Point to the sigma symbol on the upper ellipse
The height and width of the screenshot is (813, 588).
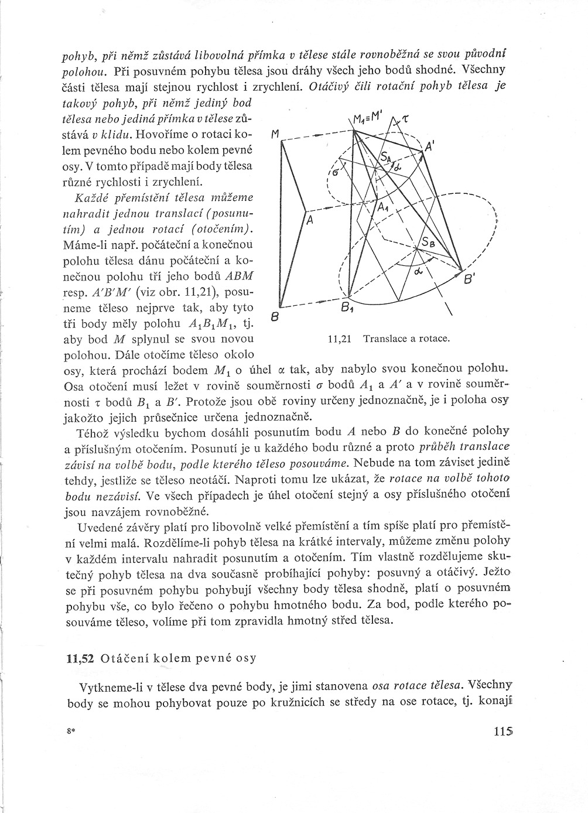click(x=336, y=173)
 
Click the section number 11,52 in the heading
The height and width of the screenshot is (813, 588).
click(x=81, y=658)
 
